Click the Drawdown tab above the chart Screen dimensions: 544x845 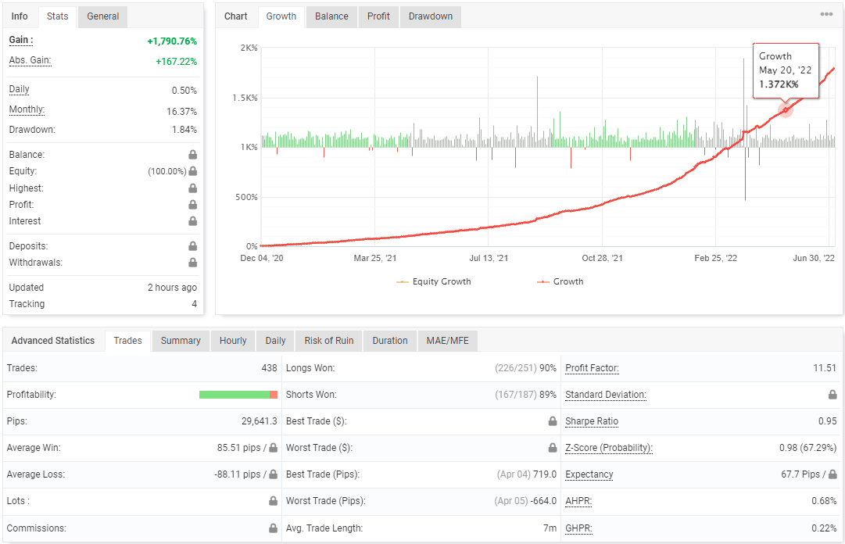tap(430, 16)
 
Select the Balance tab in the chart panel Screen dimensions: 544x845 tap(331, 16)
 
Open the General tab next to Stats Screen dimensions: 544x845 tap(102, 16)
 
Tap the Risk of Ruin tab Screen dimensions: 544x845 tap(329, 341)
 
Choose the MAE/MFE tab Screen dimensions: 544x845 tap(447, 341)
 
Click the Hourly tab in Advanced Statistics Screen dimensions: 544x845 tap(233, 341)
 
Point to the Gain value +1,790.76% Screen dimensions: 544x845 tap(172, 41)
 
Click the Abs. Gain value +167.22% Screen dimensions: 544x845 tap(177, 62)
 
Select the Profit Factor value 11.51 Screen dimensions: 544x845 tap(825, 368)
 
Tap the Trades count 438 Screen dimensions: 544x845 tap(269, 368)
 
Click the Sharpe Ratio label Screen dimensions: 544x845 tap(592, 421)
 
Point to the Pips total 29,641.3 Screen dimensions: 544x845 tap(260, 421)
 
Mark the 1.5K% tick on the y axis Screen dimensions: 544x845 tap(245, 98)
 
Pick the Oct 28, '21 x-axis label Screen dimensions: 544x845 tap(601, 258)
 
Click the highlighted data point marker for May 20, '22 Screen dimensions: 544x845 tap(786, 110)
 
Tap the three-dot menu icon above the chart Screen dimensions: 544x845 tap(826, 14)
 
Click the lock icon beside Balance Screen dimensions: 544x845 tap(192, 155)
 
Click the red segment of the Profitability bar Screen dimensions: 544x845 tap(274, 395)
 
